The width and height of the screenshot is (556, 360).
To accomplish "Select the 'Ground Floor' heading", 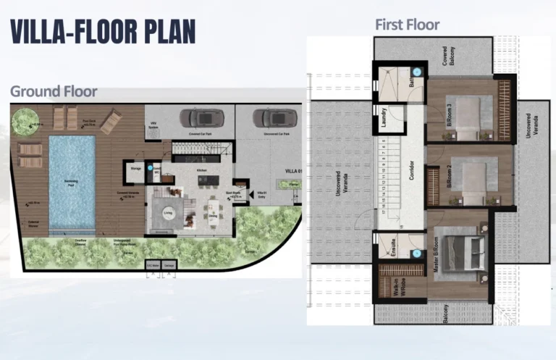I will [x=54, y=91].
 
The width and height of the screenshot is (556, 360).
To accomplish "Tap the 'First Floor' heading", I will [x=407, y=25].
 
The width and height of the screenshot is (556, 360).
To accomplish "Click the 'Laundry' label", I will [x=384, y=117].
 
